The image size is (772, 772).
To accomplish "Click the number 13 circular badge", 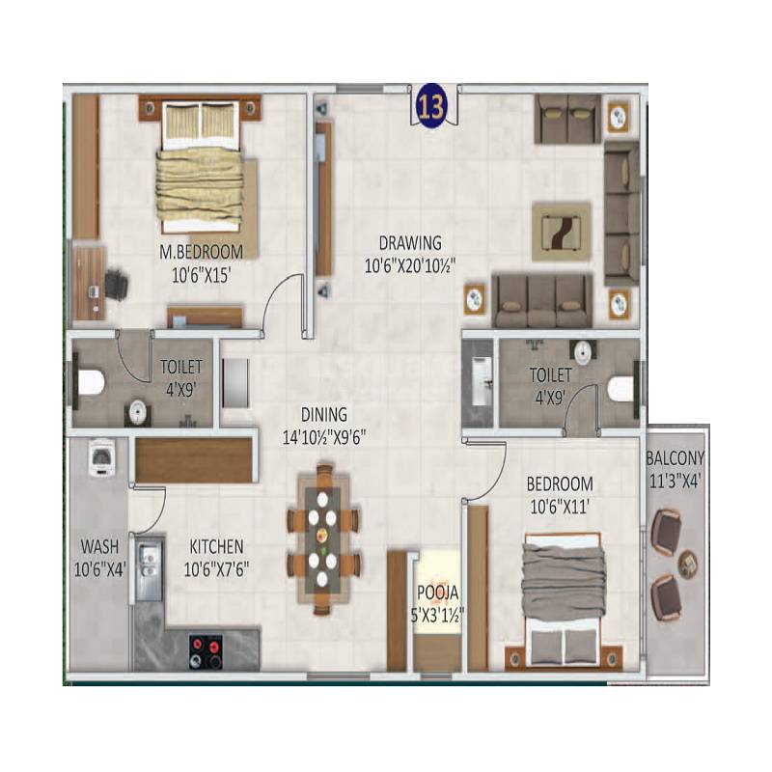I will coord(430,106).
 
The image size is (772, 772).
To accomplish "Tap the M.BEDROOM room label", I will coord(202,252).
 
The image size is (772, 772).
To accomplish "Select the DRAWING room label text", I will coord(409,243).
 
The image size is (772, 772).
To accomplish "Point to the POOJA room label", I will coord(437,593).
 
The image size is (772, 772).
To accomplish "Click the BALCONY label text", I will coord(675,458).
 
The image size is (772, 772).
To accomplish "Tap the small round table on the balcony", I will coord(687,563).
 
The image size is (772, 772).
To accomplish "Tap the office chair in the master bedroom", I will coord(115,285).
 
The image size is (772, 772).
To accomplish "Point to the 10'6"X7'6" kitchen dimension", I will coord(217,568).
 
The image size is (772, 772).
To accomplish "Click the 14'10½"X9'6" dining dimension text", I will coord(323,435).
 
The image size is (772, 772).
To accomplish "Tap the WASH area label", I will coord(99,547).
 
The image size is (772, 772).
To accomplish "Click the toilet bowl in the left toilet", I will coord(90,383).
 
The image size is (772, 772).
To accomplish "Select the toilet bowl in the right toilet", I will coord(623,388).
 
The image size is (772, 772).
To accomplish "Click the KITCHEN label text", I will coord(216,546).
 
